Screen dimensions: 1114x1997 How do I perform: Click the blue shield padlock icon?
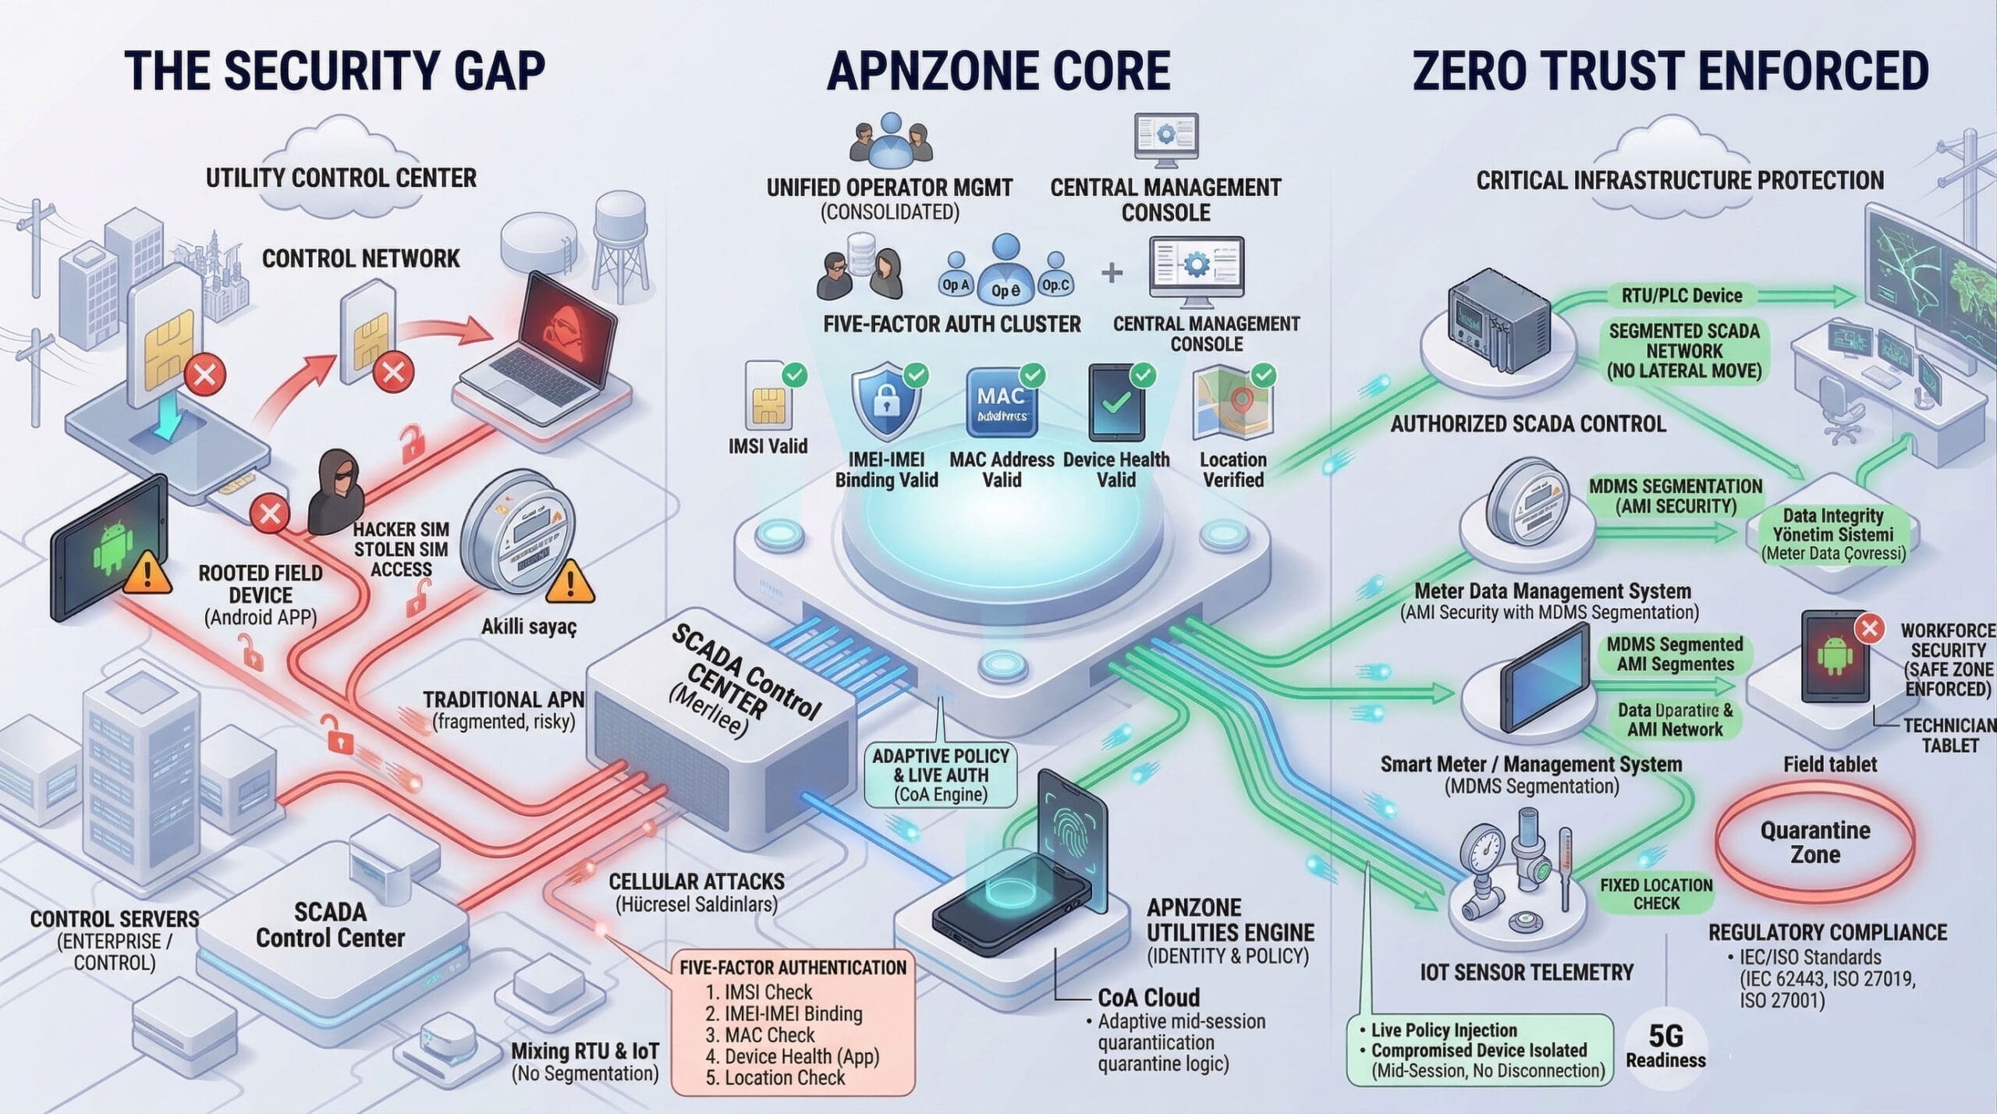885,404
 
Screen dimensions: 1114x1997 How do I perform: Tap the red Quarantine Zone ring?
1814,843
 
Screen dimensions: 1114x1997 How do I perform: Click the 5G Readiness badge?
1665,1045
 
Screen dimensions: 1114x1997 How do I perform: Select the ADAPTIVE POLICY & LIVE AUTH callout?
941,775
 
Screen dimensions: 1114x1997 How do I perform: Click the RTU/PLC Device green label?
1681,296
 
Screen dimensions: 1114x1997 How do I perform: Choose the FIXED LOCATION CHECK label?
1656,894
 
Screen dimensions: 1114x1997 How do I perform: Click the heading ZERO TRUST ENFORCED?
1670,71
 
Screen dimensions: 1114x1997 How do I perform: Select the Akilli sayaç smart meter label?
528,626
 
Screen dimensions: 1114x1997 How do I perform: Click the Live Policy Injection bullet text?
1443,1030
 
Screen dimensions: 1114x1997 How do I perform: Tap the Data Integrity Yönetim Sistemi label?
1832,534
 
